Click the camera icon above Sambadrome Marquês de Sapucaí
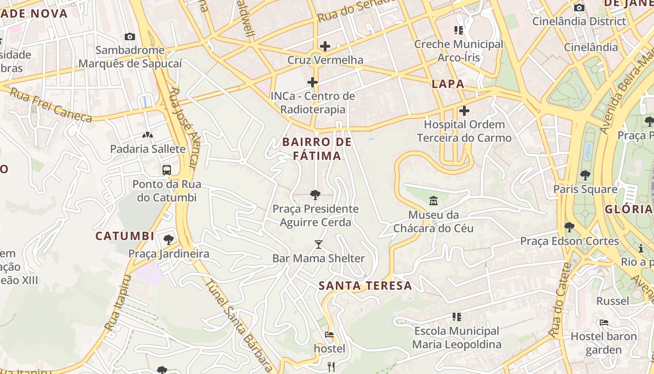tap(130, 36)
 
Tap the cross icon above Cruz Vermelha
tap(325, 46)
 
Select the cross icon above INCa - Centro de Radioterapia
tap(313, 83)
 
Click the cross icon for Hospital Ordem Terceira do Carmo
tap(464, 111)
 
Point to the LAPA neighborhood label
tap(448, 84)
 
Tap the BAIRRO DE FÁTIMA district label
tap(317, 149)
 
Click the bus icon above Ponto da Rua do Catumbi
tap(167, 170)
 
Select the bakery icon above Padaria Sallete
tap(148, 136)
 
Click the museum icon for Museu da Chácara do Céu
tap(434, 201)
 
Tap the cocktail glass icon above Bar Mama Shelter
tap(319, 244)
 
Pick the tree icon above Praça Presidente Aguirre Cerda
tap(315, 195)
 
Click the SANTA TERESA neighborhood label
tap(365, 286)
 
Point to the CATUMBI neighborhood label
tap(125, 236)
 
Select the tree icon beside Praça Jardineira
tap(169, 240)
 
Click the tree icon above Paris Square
tap(585, 176)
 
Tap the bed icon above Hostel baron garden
tap(604, 323)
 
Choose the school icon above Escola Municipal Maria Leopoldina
tap(457, 317)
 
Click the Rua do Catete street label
tap(561, 299)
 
